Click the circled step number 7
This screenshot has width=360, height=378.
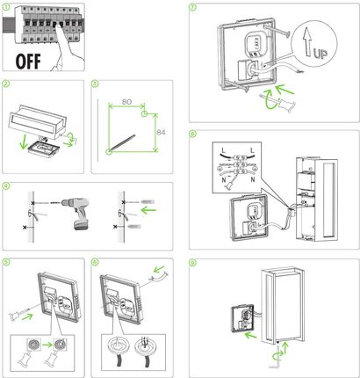pos(195,6)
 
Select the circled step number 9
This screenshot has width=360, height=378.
pos(195,262)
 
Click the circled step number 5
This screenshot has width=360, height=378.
pos(7,262)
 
